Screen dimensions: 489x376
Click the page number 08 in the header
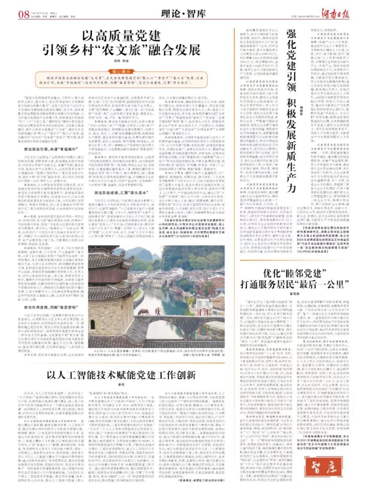(x=23, y=14)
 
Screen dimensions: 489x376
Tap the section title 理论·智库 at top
(x=183, y=14)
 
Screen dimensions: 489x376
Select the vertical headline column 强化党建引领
(x=292, y=60)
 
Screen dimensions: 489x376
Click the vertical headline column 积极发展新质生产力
(x=292, y=147)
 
